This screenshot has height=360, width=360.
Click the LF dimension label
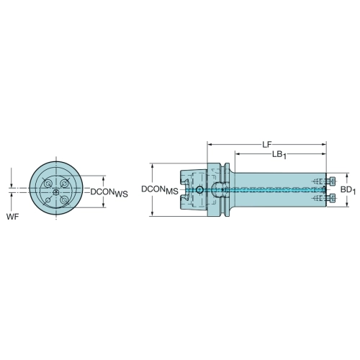pos(266,145)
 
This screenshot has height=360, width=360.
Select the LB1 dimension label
pos(279,155)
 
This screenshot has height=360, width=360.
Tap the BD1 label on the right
pos(348,190)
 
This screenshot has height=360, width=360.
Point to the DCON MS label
pos(160,190)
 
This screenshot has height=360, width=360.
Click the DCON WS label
pos(109,192)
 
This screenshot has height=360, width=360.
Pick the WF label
pos(12,217)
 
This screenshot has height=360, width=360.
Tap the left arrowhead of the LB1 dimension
pos(238,154)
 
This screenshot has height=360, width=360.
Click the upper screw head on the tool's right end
pos(333,181)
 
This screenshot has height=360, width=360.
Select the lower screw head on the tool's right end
pos(333,198)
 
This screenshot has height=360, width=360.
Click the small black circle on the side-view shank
pos(199,190)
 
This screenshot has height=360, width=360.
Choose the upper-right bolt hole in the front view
pos(64,184)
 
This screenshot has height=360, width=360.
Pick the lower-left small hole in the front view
pos(48,199)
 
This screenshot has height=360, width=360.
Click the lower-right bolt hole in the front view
pos(64,199)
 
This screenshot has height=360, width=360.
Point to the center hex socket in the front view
pos(56,192)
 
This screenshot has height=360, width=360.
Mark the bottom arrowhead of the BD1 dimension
pos(346,204)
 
